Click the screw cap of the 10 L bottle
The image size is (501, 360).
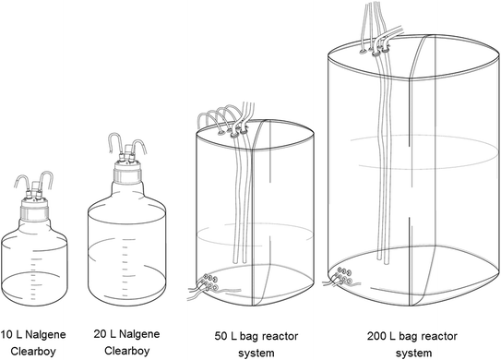[x=34, y=210]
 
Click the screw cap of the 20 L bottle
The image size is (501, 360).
[x=127, y=172]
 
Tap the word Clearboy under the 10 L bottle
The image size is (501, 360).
[x=33, y=351]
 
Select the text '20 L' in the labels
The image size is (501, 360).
[x=104, y=334]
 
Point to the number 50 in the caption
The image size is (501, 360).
[x=221, y=336]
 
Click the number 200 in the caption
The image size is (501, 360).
[x=376, y=336]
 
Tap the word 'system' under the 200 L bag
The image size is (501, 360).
[x=413, y=354]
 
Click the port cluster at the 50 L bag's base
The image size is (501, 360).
[x=210, y=282]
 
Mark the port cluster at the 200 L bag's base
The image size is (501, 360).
[x=343, y=276]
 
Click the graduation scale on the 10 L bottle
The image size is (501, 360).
[x=33, y=278]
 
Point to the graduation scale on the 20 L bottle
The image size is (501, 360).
[x=125, y=268]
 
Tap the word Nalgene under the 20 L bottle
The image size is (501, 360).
[x=139, y=334]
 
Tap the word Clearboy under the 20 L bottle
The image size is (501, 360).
[x=127, y=351]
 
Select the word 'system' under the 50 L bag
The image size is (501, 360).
[x=256, y=354]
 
